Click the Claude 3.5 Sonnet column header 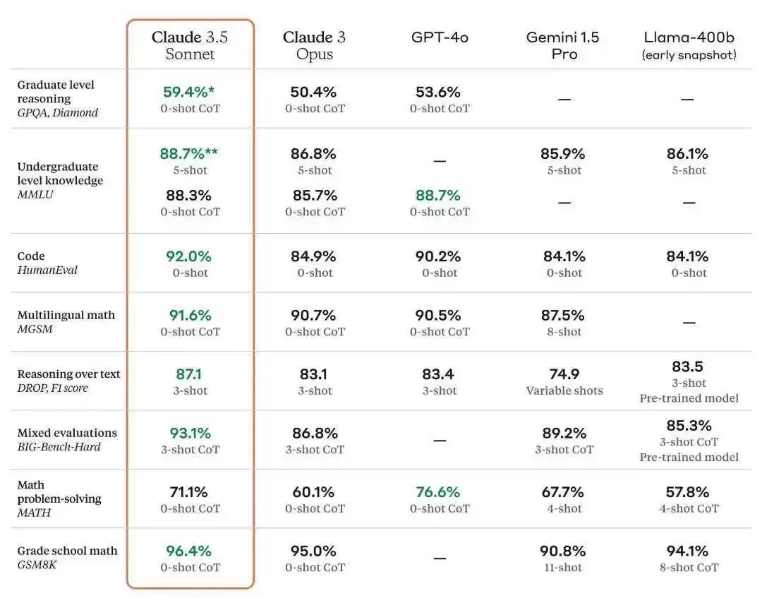190,45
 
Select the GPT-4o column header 440,37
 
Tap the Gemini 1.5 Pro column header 563,45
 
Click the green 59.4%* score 188,91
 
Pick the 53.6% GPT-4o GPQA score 438,91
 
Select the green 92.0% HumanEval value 188,256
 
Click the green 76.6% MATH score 438,492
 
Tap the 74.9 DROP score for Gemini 564,374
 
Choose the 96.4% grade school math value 188,551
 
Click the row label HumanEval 47,270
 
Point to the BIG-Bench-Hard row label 59,447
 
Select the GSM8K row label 37,564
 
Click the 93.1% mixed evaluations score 190,433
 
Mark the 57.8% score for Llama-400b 687,492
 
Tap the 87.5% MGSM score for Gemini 563,315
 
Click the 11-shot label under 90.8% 563,568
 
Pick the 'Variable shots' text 564,390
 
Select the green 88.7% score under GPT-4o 438,195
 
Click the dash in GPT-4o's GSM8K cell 440,558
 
